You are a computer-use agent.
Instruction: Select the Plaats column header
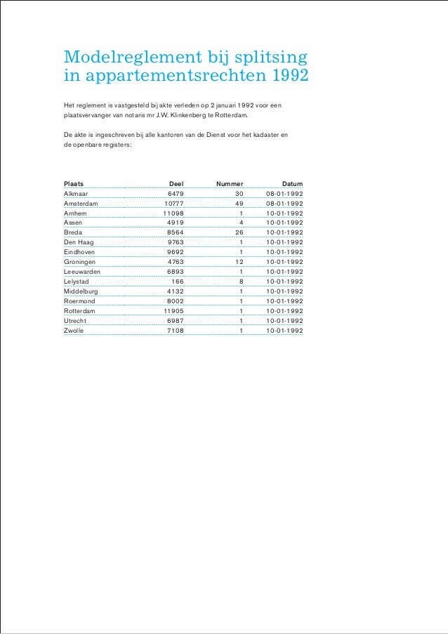74,183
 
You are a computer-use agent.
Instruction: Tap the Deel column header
176,183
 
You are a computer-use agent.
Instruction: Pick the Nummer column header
230,183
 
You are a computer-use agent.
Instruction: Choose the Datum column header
292,183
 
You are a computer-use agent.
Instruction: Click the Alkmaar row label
76,193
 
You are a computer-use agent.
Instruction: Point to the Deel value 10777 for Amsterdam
174,203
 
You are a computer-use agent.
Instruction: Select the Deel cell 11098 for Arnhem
173,213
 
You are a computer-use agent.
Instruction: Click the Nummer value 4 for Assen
241,223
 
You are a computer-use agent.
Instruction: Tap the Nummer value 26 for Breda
239,232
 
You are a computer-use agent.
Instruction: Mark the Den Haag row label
79,242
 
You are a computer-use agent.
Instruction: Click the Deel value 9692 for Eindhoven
176,252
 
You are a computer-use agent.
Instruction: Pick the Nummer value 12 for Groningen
239,262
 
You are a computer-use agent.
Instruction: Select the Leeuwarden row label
81,272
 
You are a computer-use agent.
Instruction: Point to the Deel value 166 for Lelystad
178,282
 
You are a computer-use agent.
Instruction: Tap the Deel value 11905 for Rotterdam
173,311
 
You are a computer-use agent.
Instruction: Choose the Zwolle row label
73,331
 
